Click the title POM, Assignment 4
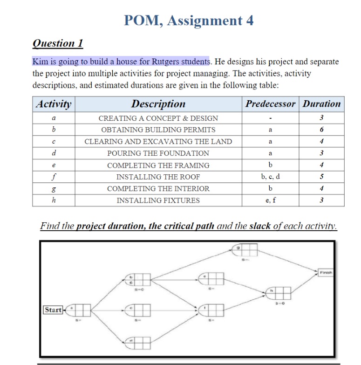coord(189,21)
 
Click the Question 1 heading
coord(58,43)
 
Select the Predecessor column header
coord(270,104)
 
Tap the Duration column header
coord(321,104)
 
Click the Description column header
coord(158,104)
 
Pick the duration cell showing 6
coord(321,130)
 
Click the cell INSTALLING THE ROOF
coord(158,177)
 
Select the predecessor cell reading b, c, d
coord(270,177)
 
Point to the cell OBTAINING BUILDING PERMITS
coord(158,130)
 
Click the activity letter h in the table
coord(54,200)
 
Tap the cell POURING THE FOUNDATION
coord(158,153)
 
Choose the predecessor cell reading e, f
coord(270,200)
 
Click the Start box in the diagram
coord(53,310)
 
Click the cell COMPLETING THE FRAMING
coord(158,165)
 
